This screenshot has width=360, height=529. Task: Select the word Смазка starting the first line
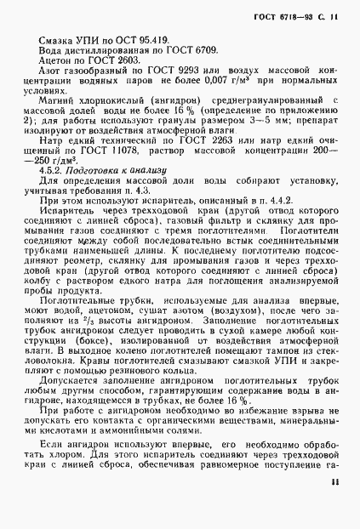pos(56,41)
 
